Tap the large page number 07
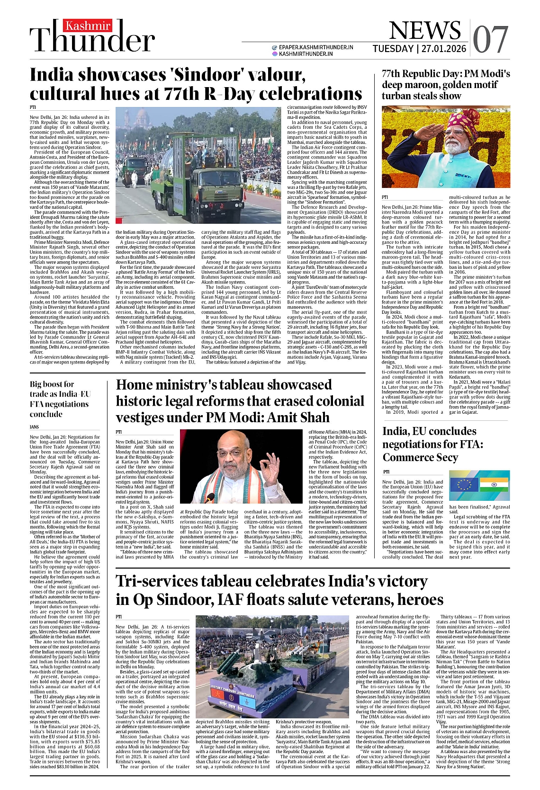coord(490,39)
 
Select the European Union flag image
coord(464,484)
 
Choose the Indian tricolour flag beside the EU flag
coord(494,484)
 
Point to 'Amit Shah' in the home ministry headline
coord(299,417)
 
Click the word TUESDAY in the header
coord(393,49)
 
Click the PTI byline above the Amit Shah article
coord(119,432)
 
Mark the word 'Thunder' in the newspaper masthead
coord(92,41)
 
